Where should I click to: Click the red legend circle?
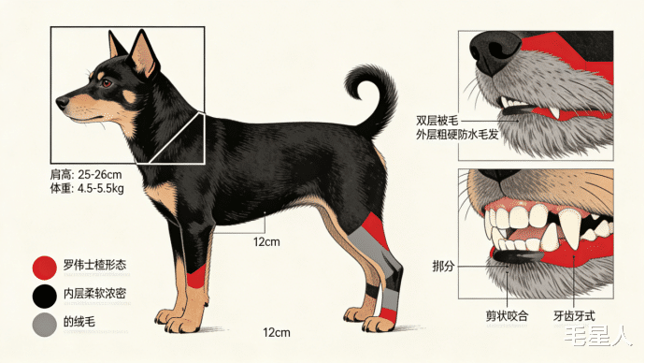[x=45, y=268]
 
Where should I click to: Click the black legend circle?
[x=45, y=296]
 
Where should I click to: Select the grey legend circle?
[x=45, y=325]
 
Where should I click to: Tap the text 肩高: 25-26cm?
[x=86, y=175]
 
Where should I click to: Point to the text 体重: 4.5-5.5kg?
[x=87, y=188]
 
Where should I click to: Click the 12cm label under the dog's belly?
[x=266, y=241]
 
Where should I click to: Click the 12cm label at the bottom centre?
[x=277, y=332]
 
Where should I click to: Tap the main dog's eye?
[x=107, y=83]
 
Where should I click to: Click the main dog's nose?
[x=62, y=102]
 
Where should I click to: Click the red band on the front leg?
[x=196, y=276]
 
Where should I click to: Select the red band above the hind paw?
[x=388, y=315]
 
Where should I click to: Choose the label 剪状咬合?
[x=507, y=316]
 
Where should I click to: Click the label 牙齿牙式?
[x=574, y=316]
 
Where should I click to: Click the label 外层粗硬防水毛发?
[x=457, y=134]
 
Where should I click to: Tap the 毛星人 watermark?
[x=597, y=337]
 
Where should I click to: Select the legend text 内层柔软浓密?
[x=94, y=294]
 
